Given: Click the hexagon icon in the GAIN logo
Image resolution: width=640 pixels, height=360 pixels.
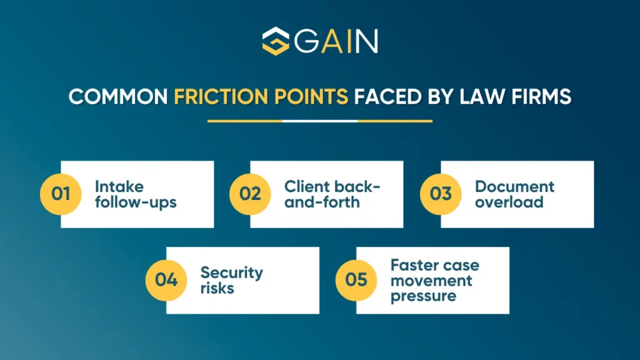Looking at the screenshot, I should click(275, 41).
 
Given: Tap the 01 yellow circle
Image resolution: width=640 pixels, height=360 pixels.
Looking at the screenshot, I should click(61, 194).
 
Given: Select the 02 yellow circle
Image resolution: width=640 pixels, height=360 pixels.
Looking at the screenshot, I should click(250, 194).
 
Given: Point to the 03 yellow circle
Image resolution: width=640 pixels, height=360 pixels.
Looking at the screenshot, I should click(441, 194).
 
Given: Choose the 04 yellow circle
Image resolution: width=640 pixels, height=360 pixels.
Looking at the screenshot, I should click(166, 279).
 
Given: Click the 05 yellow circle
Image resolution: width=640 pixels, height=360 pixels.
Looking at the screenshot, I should click(356, 279).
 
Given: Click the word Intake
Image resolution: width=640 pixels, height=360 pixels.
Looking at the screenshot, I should click(119, 186).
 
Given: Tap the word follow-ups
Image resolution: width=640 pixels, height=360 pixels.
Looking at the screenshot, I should click(127, 202).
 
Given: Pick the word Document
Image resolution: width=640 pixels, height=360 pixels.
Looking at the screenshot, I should click(514, 186).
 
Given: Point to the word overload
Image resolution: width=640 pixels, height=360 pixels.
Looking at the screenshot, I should click(509, 202).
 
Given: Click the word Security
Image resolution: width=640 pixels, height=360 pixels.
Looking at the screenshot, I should click(231, 272).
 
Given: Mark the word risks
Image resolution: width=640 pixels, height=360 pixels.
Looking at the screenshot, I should click(217, 288).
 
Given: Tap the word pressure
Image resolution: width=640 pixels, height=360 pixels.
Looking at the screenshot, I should click(423, 296).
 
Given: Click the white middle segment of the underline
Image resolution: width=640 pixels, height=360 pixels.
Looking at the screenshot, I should click(320, 121).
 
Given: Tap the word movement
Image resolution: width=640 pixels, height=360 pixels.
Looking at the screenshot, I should click(431, 280).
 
